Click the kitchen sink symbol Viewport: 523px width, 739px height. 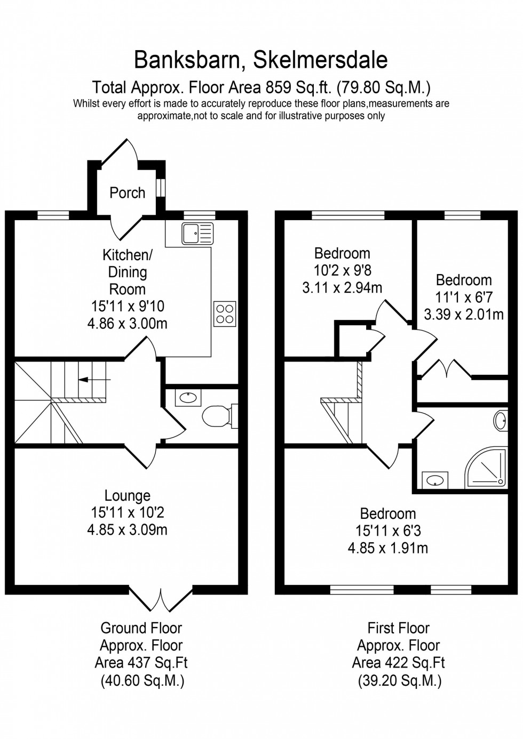click(x=197, y=233)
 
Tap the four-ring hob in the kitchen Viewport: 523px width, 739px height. click(x=225, y=314)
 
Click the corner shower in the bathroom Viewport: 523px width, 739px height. click(x=485, y=467)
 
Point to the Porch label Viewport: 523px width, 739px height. click(x=127, y=192)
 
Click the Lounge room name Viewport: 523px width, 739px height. click(x=128, y=495)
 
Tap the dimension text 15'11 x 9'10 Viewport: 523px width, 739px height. click(x=128, y=306)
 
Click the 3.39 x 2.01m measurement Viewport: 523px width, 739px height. click(x=463, y=314)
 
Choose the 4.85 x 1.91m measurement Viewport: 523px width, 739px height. click(x=387, y=548)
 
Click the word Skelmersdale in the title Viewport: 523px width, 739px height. click(x=320, y=60)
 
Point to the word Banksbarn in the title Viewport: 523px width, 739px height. click(x=186, y=60)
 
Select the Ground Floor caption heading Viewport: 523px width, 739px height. click(x=141, y=628)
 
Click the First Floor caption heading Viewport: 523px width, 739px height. click(x=398, y=628)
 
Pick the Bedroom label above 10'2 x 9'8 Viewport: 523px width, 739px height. click(x=342, y=253)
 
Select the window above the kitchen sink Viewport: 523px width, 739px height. click(x=199, y=215)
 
